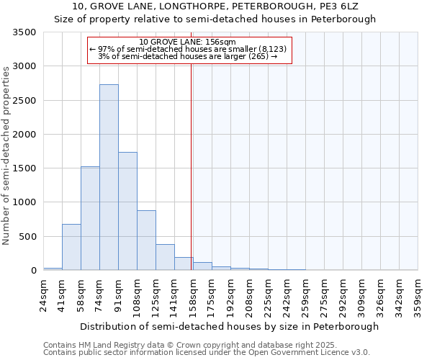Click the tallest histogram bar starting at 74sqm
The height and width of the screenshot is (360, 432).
pyautogui.click(x=109, y=177)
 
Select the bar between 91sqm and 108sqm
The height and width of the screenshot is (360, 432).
pyautogui.click(x=127, y=211)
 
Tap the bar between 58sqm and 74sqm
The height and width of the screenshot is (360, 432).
pyautogui.click(x=90, y=218)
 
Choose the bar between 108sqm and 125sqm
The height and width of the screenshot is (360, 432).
pyautogui.click(x=146, y=240)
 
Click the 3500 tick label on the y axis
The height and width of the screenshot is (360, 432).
pyautogui.click(x=24, y=32)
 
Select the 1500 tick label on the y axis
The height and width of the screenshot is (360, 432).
pyautogui.click(x=24, y=168)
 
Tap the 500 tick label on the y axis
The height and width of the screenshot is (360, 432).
pyautogui.click(x=27, y=236)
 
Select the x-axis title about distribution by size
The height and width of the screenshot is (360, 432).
pyautogui.click(x=229, y=326)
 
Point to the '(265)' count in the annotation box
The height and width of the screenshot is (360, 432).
pyautogui.click(x=257, y=56)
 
